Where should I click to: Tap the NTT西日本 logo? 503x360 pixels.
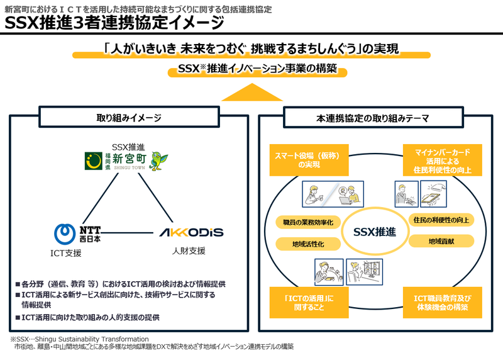click(80, 233)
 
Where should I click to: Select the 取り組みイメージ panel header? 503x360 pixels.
click(128, 118)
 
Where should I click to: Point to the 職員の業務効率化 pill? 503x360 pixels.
click(308, 222)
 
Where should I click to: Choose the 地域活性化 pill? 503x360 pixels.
click(308, 244)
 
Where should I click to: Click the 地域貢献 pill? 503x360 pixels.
click(441, 241)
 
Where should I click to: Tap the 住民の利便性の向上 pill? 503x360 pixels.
click(441, 220)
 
